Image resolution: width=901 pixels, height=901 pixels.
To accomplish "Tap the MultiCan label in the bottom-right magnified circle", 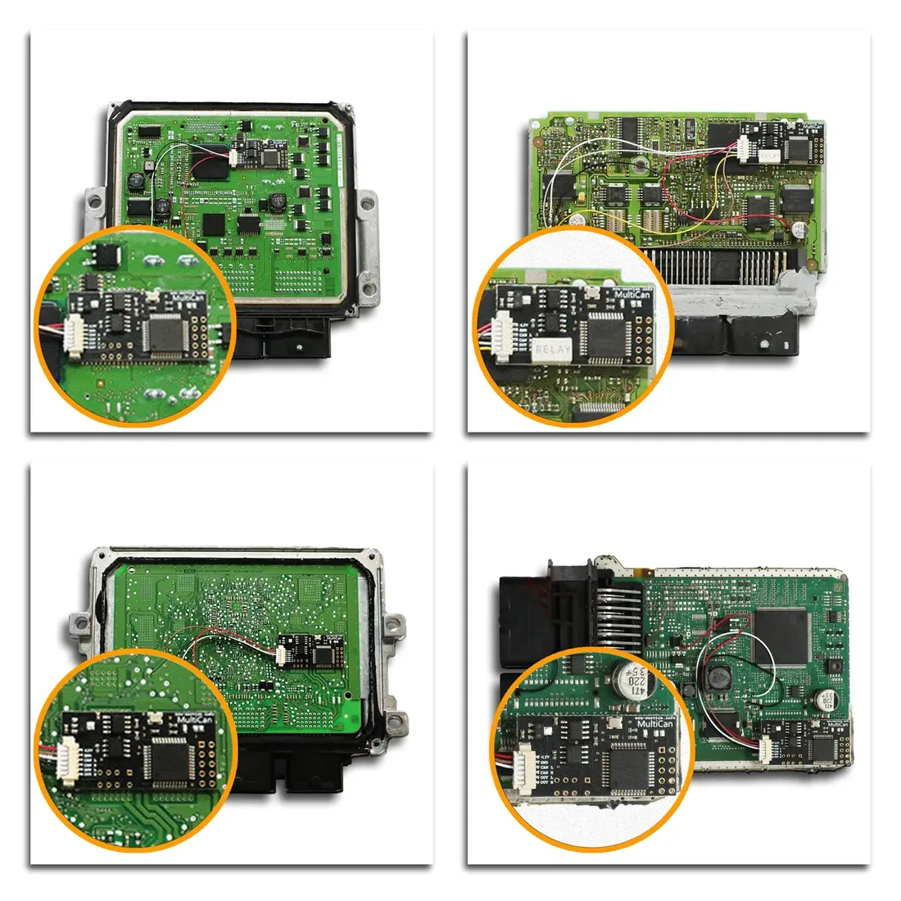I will click(654, 724).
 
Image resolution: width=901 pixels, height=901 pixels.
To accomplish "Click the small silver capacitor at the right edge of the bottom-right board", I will click(824, 699).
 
